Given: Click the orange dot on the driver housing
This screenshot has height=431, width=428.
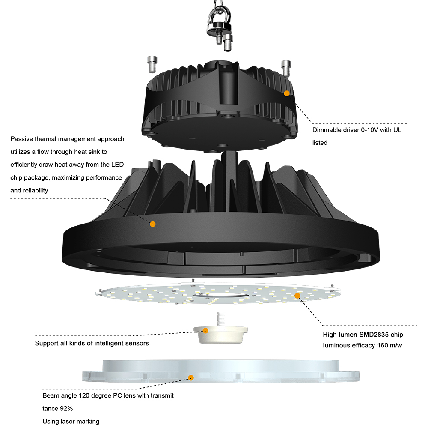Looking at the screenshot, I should coord(287,93).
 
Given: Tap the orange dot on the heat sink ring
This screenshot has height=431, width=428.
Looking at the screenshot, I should coord(152,224).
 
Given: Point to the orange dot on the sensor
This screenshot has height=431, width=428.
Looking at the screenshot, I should coord(205,330).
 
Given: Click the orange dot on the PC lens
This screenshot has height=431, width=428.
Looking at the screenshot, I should coord(191,377).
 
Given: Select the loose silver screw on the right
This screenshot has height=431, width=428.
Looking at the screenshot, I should coord(285,67).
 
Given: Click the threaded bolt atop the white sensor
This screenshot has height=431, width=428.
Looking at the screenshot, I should coord(221,319).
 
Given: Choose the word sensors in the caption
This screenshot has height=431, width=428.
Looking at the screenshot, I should coord(136,343).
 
